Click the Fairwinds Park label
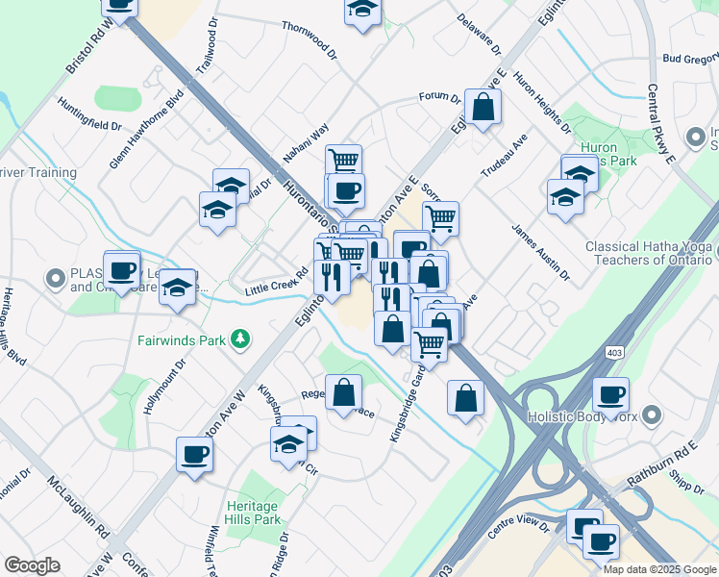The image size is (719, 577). pos(181,339)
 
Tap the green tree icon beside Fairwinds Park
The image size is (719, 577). pos(240,339)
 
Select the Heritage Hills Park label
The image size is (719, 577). pos(254,513)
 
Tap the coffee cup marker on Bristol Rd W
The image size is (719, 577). pos(119,5)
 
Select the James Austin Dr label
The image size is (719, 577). pos(541,253)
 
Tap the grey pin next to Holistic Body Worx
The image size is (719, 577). pos(654,416)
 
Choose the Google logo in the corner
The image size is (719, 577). pos(32,565)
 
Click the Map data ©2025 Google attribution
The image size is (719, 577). pos(659,569)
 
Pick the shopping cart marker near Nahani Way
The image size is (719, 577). pos(343,161)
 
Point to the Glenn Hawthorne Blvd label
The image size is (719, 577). pos(146,130)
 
